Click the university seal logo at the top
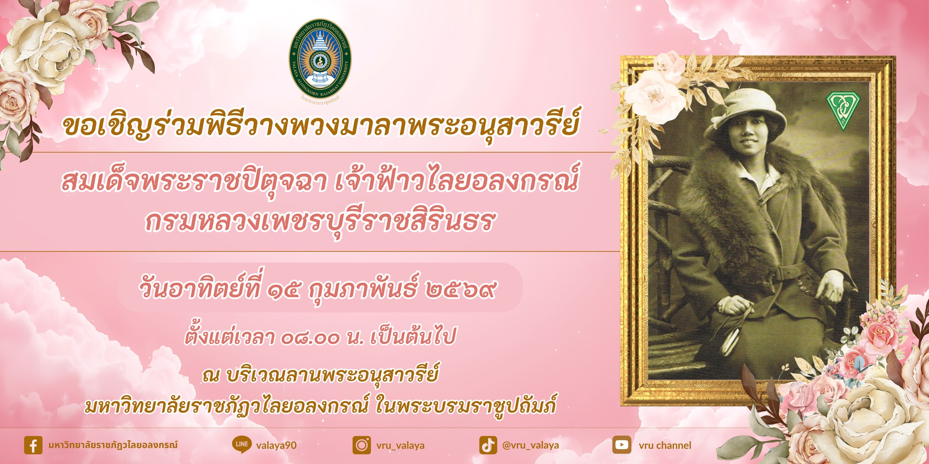[x=320, y=59]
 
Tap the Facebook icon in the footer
[x=33, y=445]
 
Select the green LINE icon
[x=241, y=445]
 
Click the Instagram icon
[x=362, y=445]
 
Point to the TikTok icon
[x=488, y=445]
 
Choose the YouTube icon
[x=621, y=445]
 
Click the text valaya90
[x=276, y=445]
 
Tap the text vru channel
[x=665, y=445]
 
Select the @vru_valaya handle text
[x=530, y=445]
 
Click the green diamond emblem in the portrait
[x=842, y=111]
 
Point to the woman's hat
[x=743, y=113]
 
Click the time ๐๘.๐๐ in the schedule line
[x=310, y=338]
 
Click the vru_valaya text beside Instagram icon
[x=400, y=445]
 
